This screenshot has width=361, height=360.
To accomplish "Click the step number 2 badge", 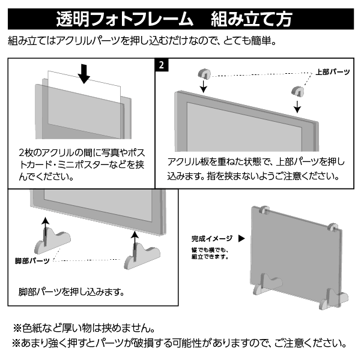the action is point(162,65).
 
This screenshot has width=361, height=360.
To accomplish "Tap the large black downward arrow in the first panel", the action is point(84,74).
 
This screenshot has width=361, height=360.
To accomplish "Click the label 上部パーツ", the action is point(333,72).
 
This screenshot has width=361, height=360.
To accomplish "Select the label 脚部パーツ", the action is point(32,261).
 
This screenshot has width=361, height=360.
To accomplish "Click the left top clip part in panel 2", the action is point(204,74).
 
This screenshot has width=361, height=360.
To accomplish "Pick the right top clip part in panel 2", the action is point(298,91).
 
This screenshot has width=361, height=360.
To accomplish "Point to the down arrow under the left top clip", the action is point(203,86).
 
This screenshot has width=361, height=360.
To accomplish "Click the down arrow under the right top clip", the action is point(297,106).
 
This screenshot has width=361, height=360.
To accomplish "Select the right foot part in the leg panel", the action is point(142,257).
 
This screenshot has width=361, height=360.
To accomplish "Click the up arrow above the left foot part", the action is point(46,229).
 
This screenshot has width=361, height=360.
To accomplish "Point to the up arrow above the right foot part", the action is point(135,243).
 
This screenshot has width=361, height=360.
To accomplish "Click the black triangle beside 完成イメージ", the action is point(241,239).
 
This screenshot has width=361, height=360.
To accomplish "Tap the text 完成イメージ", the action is point(212,239).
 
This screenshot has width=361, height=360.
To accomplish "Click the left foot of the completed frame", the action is point(268,284).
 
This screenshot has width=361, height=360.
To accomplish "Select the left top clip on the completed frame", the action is point(264,210).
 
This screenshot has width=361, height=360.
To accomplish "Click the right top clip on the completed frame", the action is point(333,227).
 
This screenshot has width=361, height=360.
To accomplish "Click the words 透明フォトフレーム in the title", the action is point(124,19).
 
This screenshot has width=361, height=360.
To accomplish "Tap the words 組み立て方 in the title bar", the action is point(252,19).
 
